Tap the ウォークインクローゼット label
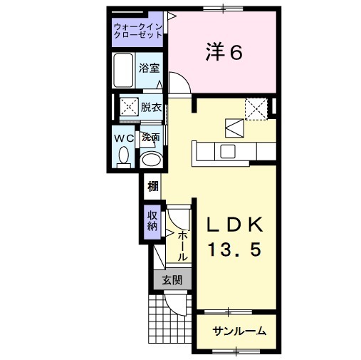click(x=138, y=31)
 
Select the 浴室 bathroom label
click(x=149, y=68)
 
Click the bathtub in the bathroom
click(x=123, y=71)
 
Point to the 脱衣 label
click(x=151, y=108)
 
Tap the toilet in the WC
click(x=123, y=158)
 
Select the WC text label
click(x=125, y=138)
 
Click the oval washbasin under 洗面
click(x=151, y=159)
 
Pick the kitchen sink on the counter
click(x=228, y=151)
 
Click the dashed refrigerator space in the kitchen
click(x=256, y=109)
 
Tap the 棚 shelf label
click(x=153, y=187)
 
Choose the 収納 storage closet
click(x=152, y=222)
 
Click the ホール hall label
click(x=183, y=247)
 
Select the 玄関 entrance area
click(x=172, y=279)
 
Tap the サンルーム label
click(x=239, y=331)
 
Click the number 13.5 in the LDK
click(x=234, y=250)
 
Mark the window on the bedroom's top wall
click(x=223, y=9)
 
